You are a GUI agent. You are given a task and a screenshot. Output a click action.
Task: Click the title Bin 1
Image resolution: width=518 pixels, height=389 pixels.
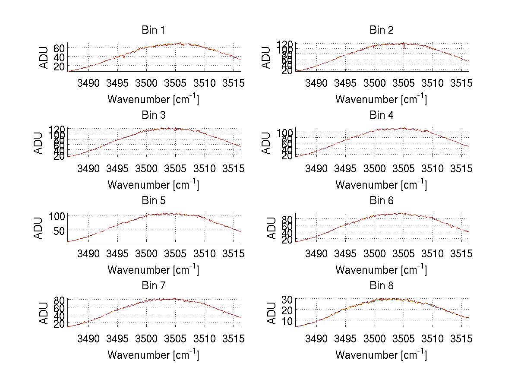153,30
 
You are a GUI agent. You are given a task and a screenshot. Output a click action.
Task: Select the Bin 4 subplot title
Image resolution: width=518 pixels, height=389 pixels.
382,115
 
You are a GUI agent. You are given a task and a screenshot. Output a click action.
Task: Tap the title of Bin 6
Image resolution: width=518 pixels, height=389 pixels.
382,201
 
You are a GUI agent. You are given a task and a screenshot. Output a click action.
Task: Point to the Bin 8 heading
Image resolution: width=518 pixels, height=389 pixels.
382,286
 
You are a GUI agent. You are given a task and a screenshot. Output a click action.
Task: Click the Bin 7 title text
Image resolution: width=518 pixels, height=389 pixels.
153,286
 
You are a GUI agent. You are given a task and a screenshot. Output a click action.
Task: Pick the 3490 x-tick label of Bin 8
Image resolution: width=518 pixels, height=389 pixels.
316,338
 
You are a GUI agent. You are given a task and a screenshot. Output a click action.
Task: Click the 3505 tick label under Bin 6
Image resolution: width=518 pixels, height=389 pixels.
404,253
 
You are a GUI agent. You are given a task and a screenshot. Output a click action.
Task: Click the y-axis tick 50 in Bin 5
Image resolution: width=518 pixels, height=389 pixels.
59,230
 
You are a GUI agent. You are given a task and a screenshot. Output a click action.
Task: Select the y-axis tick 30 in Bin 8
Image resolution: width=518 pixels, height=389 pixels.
287,299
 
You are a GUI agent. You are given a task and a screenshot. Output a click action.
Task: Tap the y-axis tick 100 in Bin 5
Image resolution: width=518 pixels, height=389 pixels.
56,215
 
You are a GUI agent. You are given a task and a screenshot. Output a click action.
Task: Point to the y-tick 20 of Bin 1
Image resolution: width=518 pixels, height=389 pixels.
59,66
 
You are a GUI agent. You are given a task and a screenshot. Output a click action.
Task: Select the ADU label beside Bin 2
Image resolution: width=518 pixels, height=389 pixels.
267,57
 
